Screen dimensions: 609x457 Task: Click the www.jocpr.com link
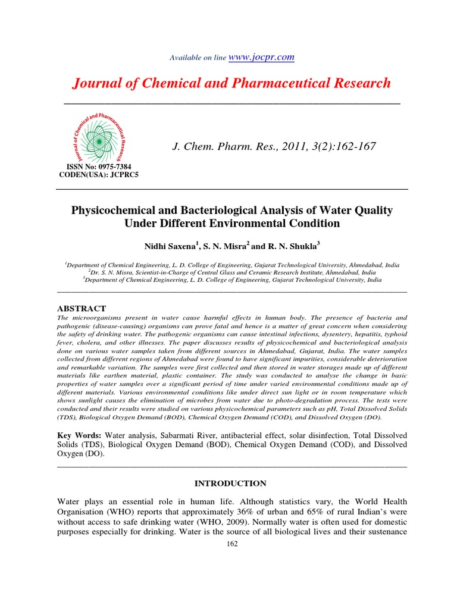point(262,57)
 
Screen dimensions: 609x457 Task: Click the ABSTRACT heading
point(81,309)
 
